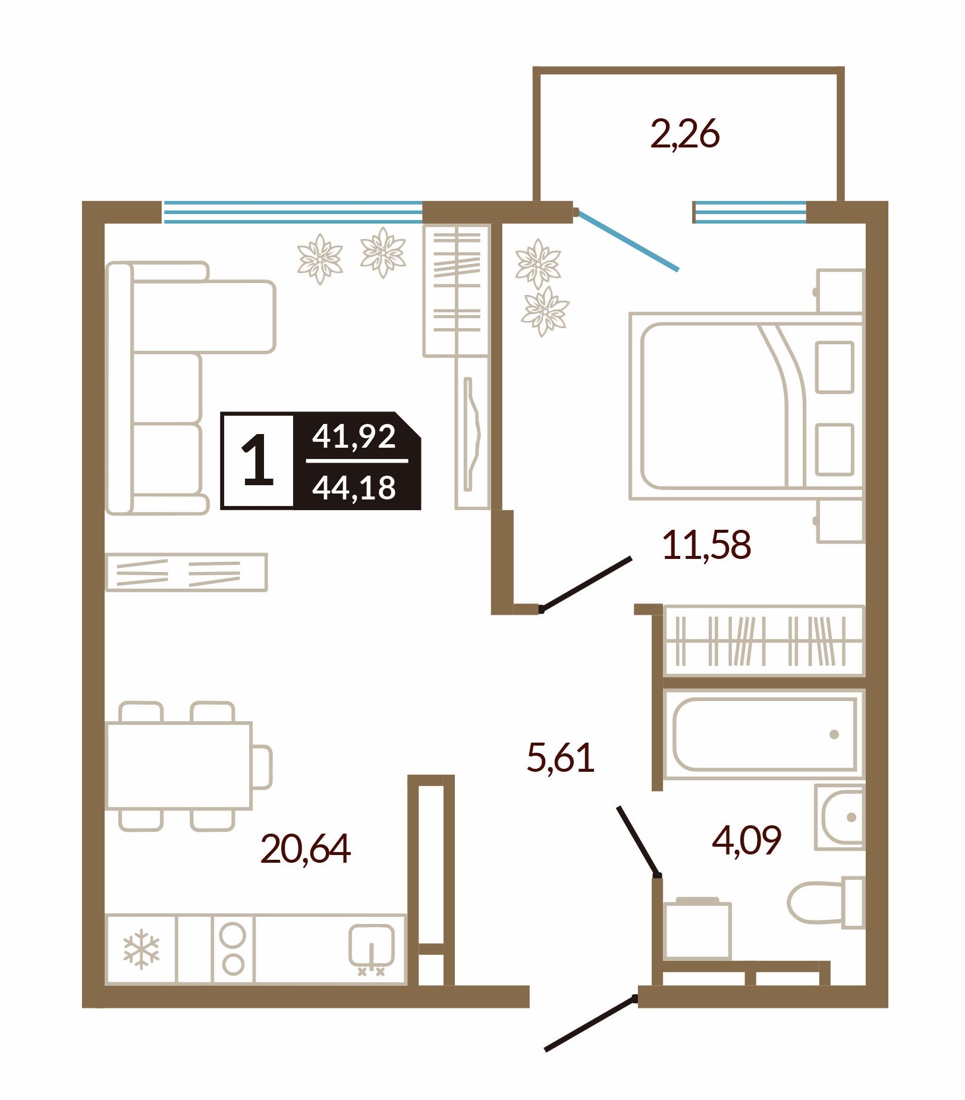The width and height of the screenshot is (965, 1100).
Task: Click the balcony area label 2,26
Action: point(685,134)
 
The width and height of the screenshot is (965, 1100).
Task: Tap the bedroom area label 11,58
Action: point(706,545)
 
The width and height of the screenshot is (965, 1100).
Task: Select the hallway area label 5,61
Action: point(561,758)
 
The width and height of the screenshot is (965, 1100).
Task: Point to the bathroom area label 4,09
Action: point(747,840)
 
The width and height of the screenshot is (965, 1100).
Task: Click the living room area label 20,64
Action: point(306,848)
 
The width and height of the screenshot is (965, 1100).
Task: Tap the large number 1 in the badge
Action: point(257,460)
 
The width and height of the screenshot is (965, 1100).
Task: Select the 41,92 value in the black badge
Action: point(354,436)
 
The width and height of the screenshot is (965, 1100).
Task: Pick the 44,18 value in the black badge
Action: point(354,488)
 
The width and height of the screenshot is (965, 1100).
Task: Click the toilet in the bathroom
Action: point(825,902)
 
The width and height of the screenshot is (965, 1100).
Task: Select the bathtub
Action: point(764,734)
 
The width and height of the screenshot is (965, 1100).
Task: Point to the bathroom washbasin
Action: point(840,817)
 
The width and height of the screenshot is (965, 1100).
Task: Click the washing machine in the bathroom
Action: point(697,928)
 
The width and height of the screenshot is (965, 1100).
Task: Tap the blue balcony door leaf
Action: point(627,240)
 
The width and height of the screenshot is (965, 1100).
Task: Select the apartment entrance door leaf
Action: point(591,1023)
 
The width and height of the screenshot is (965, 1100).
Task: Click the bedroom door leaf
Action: point(586,583)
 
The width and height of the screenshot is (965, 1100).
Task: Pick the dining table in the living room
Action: point(178,766)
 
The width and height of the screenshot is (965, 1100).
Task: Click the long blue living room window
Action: point(293,212)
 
